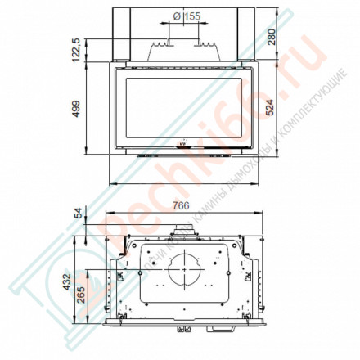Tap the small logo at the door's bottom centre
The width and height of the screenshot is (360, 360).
pyautogui.click(x=182, y=147)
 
